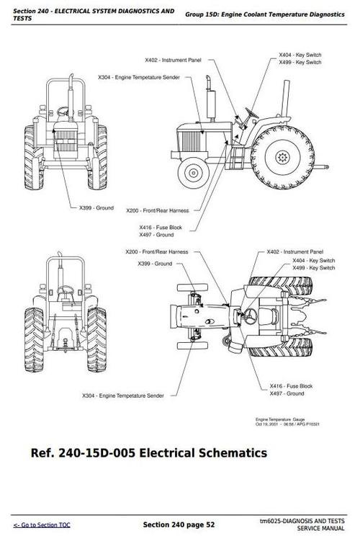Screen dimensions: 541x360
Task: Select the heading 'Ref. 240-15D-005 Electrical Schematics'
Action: [x=149, y=453]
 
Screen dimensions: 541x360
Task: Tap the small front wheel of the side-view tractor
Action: [x=193, y=171]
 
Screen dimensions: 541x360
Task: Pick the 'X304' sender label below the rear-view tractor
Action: [x=122, y=395]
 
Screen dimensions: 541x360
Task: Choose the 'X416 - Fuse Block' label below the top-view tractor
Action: [x=286, y=387]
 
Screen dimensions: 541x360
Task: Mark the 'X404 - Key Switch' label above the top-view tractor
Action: [x=313, y=260]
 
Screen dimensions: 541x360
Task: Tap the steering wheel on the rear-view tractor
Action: [x=66, y=290]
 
